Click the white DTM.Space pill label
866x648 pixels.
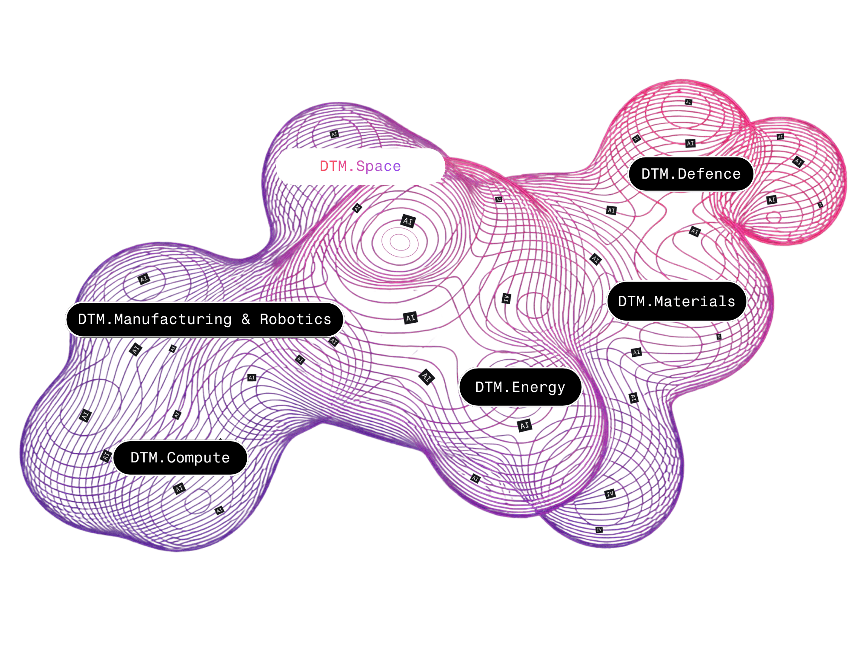coord(360,167)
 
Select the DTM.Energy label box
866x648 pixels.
coord(520,387)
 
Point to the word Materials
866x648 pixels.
coord(695,302)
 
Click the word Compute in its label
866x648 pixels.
coord(198,458)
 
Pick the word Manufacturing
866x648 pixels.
coord(173,319)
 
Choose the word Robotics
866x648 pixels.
coord(295,319)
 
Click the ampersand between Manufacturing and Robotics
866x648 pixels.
coord(246,319)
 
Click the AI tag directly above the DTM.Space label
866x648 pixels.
coord(334,134)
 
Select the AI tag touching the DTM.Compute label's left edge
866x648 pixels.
coord(106,456)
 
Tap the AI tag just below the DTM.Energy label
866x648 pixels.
coord(524,426)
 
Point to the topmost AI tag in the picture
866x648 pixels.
coord(688,102)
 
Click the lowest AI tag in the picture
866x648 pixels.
coord(599,530)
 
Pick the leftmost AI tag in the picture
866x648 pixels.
coord(85,415)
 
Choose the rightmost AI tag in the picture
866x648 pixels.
coord(820,205)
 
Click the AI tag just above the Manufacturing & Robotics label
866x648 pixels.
coord(144,279)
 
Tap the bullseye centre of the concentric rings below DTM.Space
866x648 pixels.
coord(400,242)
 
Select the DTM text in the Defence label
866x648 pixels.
coord(654,174)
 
